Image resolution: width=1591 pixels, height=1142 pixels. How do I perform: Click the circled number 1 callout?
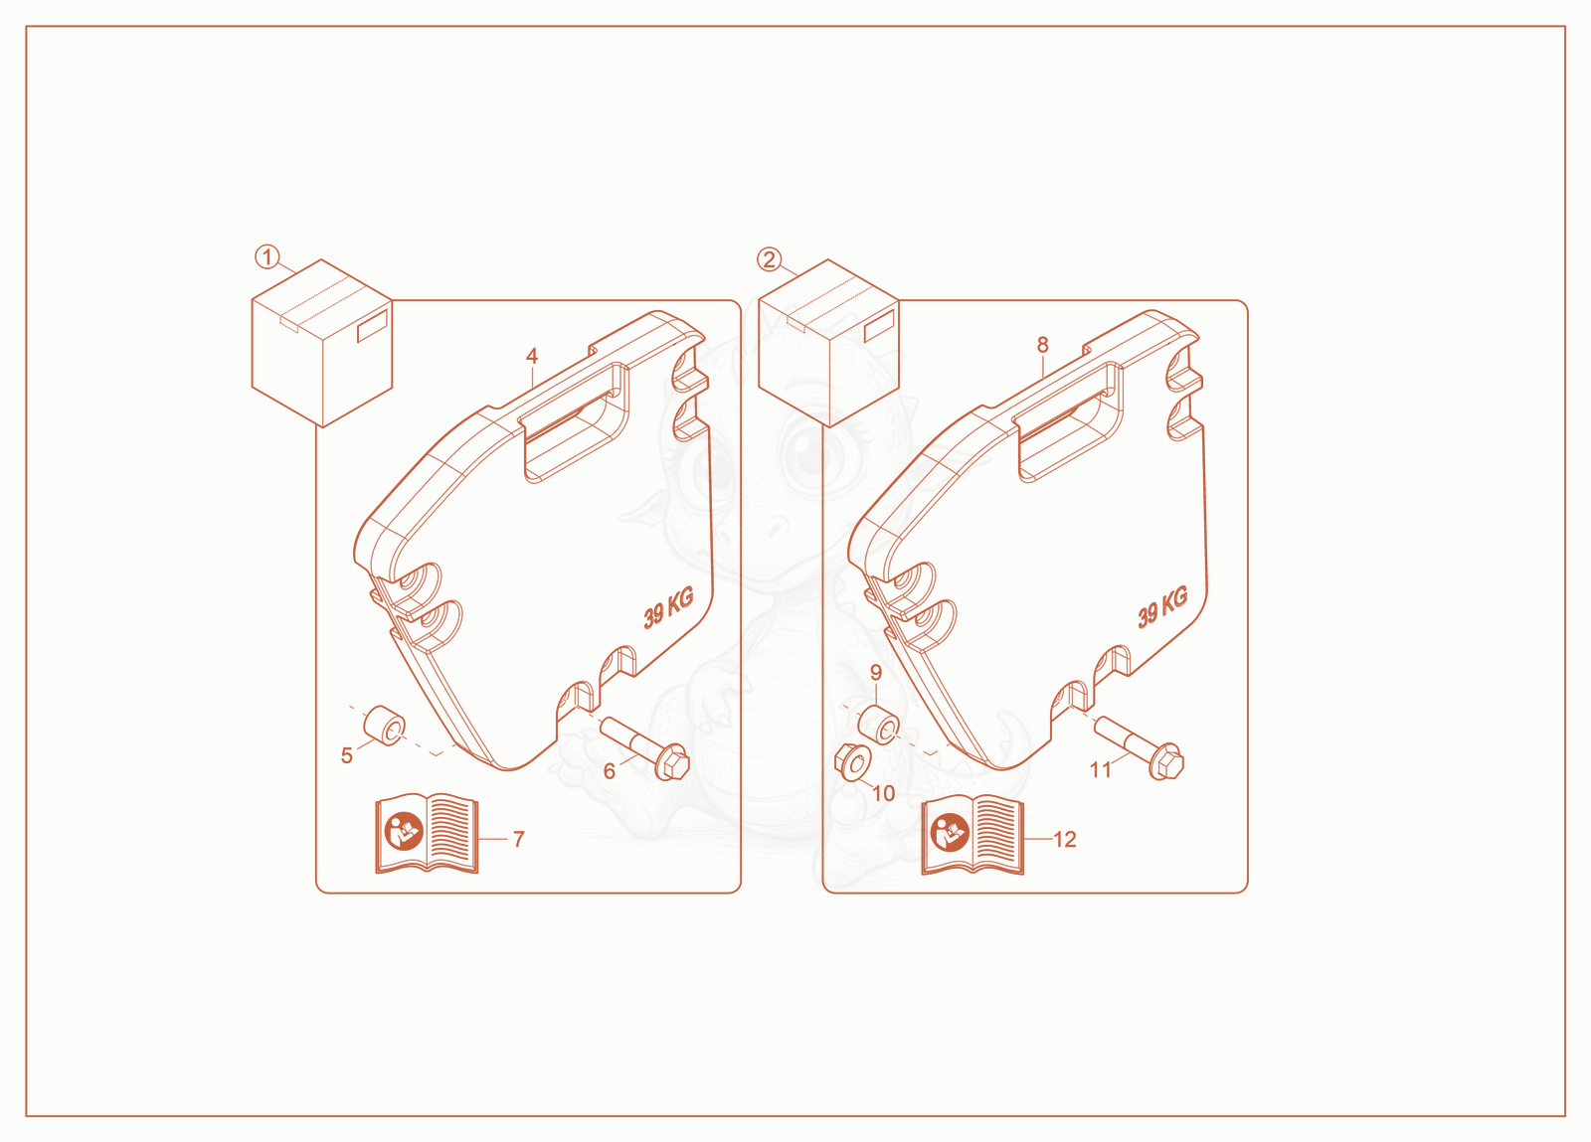pos(267,257)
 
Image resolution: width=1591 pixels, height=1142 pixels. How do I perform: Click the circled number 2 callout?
pos(770,259)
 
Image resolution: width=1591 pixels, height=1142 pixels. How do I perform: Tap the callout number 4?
pos(532,356)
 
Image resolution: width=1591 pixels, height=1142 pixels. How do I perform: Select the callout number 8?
pos(1042,345)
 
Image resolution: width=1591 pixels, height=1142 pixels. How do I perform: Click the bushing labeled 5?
pos(384,726)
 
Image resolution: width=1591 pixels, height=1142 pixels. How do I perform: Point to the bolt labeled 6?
pos(645,748)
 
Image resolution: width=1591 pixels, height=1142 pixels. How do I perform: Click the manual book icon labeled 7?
pos(427,833)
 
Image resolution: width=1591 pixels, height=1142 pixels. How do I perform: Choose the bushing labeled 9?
pos(879,724)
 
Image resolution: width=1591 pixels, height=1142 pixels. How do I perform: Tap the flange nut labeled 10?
pos(853,762)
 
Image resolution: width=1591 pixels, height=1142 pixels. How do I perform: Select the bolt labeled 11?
pos(1139,748)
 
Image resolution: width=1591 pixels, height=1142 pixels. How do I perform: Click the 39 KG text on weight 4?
pos(668,608)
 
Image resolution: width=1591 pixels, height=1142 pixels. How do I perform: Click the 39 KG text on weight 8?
pos(1162,607)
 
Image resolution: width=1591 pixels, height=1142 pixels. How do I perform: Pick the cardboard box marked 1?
pos(322,344)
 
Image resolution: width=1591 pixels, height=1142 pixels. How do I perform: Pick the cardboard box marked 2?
pos(828,344)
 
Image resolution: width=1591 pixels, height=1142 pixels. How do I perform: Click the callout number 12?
pos(1065,840)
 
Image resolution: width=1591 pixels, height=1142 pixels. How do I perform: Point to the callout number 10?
pos(883,793)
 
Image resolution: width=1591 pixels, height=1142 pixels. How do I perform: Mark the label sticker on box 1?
pos(372,326)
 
